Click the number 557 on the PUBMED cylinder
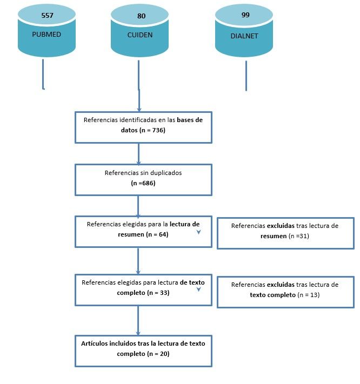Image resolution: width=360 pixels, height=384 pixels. (x=47, y=16)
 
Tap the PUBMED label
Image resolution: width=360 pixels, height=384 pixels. (x=46, y=34)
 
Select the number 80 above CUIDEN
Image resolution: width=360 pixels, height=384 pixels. (x=141, y=16)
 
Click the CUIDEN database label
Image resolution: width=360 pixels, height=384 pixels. (x=140, y=35)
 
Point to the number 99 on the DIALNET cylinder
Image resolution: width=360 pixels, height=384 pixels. (x=245, y=15)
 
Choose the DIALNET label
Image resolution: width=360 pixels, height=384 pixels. (x=244, y=36)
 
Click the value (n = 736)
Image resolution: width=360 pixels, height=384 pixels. (x=152, y=130)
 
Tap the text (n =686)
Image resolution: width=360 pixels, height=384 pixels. (x=143, y=183)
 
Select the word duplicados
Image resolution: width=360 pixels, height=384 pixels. (x=166, y=173)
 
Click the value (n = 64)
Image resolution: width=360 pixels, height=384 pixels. (x=157, y=234)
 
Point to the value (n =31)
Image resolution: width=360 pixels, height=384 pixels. (x=298, y=236)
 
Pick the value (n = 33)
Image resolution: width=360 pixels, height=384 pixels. (x=158, y=293)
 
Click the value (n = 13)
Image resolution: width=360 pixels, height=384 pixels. (x=309, y=294)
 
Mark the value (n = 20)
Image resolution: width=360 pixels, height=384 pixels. (x=158, y=354)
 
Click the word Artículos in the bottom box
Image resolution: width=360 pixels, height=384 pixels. (x=94, y=343)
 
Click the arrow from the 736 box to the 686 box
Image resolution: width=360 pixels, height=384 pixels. (x=139, y=154)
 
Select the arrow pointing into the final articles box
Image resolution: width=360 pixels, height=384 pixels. (x=138, y=321)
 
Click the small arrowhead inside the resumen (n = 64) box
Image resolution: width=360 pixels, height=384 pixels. (x=199, y=232)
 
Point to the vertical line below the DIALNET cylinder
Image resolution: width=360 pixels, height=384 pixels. (x=246, y=76)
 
